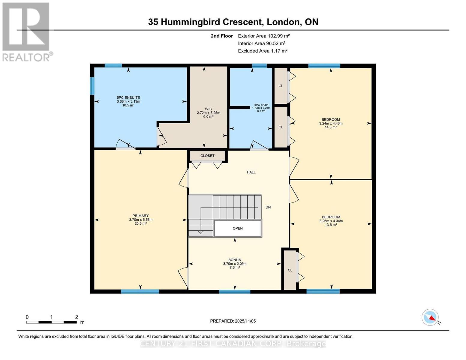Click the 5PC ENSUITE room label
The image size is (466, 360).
pyautogui.click(x=128, y=97)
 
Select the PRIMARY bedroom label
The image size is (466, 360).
pyautogui.click(x=140, y=216)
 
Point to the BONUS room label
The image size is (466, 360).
pyautogui.click(x=234, y=260)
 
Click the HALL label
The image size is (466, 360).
pyautogui.click(x=251, y=172)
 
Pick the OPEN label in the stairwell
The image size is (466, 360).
pyautogui.click(x=238, y=228)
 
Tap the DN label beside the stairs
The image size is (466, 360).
pyautogui.click(x=268, y=207)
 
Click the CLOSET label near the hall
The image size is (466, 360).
pyautogui.click(x=207, y=156)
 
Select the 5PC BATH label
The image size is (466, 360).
pyautogui.click(x=261, y=105)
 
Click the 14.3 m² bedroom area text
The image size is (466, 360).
pyautogui.click(x=331, y=127)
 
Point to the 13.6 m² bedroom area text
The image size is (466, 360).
pyautogui.click(x=331, y=225)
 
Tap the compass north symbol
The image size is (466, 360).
pyautogui.click(x=430, y=317)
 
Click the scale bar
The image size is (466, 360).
pyautogui.click(x=51, y=322)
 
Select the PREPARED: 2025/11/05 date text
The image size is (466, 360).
pyautogui.click(x=233, y=321)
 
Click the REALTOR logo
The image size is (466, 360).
pyautogui.click(x=26, y=31)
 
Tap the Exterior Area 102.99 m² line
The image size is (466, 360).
pyautogui.click(x=264, y=36)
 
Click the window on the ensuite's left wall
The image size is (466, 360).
pyautogui.click(x=92, y=86)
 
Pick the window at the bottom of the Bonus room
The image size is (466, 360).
pyautogui.click(x=234, y=292)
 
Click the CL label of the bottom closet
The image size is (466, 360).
pyautogui.click(x=290, y=270)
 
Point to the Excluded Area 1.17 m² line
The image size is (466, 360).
pyautogui.click(x=263, y=51)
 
